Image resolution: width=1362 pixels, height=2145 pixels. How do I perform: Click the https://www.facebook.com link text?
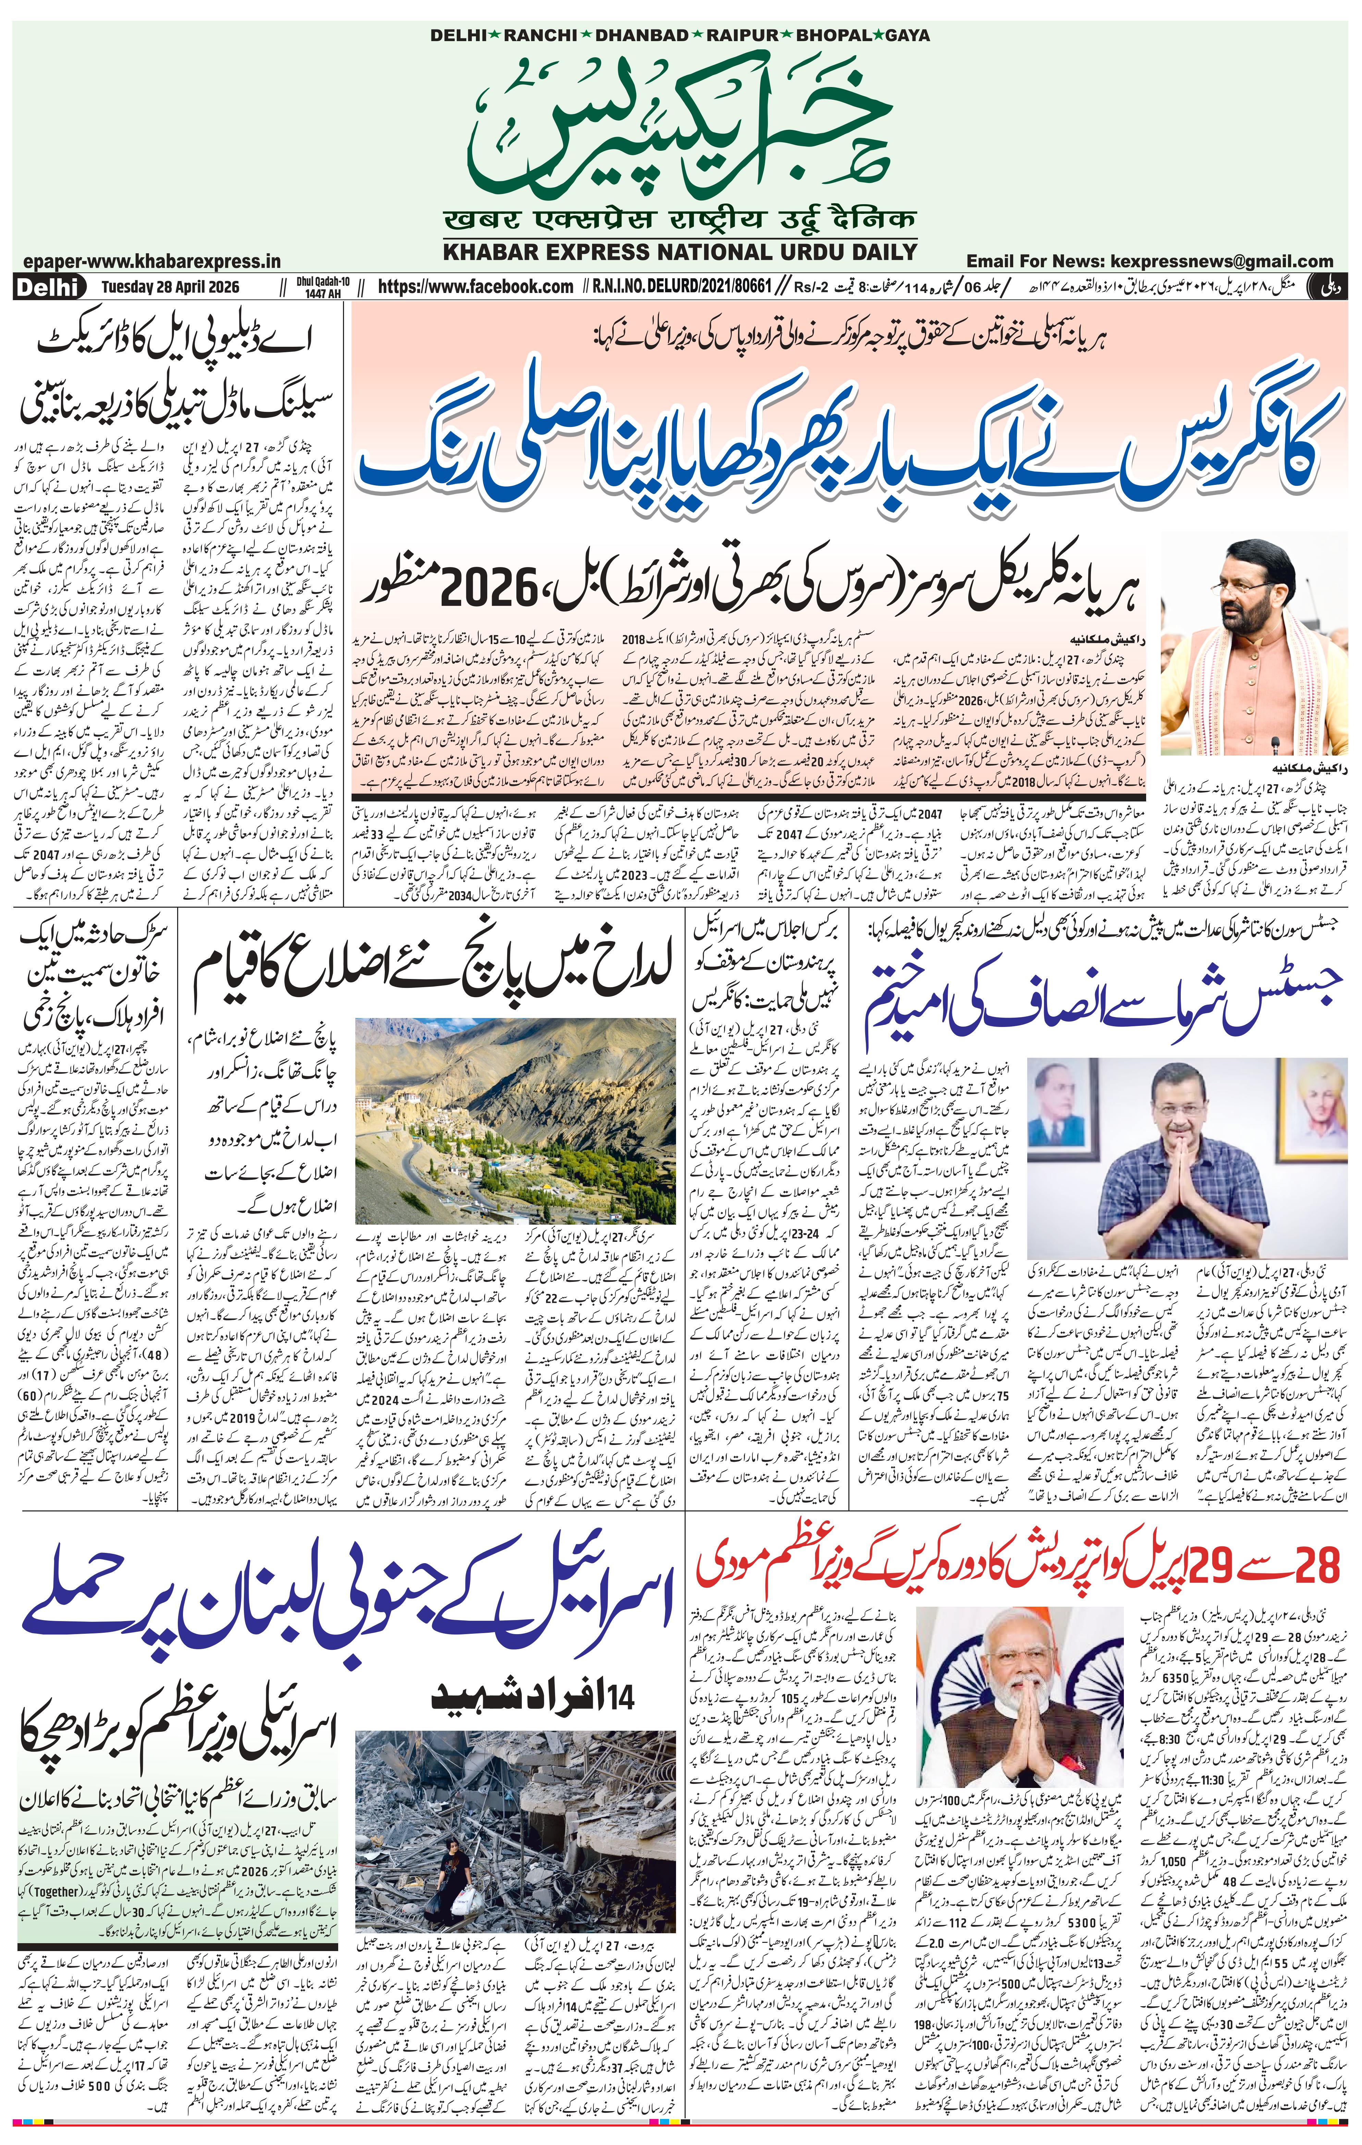pos(476,287)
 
